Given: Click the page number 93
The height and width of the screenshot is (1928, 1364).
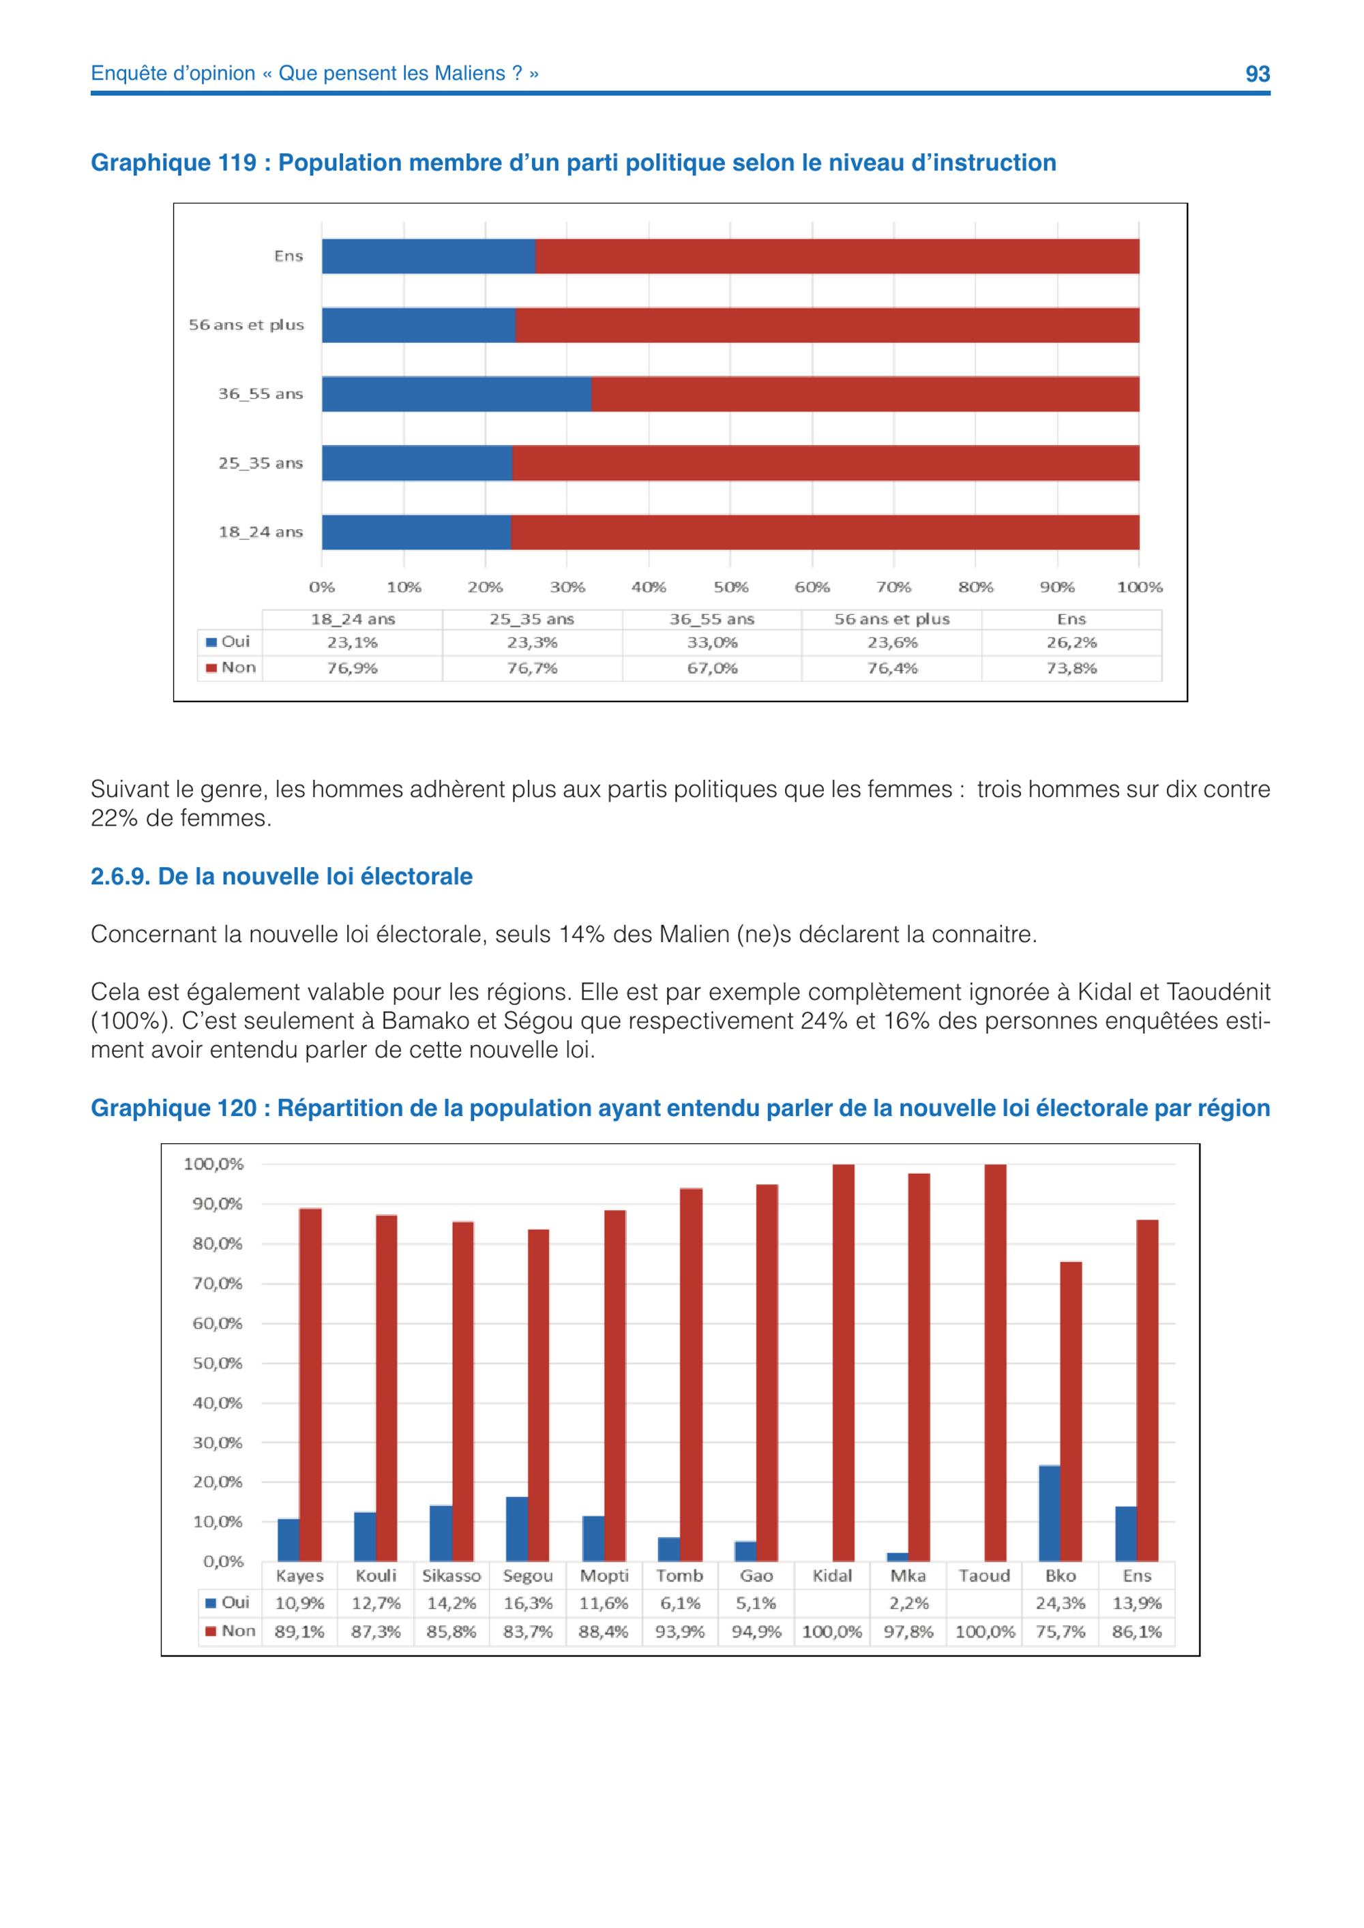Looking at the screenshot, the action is tap(1258, 74).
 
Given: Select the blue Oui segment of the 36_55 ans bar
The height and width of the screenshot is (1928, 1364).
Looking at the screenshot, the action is tap(457, 394).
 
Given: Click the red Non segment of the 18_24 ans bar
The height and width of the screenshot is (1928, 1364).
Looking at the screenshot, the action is tap(825, 532).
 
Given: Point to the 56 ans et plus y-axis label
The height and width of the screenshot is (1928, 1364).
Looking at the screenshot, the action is tap(246, 325).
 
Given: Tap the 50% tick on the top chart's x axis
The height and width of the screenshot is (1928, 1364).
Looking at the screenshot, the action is tap(730, 587).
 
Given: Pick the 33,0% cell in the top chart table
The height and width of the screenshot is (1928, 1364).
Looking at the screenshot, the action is tap(712, 642).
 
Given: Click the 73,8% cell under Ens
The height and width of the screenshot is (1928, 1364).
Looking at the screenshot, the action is tap(1071, 668).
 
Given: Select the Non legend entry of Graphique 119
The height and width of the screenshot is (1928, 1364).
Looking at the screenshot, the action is tap(231, 667).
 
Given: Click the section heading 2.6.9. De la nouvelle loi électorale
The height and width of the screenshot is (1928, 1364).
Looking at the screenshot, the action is tap(282, 877).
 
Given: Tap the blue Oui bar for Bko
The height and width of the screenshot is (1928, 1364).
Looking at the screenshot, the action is tap(1050, 1514).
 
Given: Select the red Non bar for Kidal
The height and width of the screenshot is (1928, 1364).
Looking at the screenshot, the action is tap(843, 1363).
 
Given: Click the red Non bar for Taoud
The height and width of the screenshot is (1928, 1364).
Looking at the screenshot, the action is tap(995, 1363).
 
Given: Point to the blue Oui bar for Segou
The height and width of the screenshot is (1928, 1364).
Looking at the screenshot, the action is tap(518, 1530).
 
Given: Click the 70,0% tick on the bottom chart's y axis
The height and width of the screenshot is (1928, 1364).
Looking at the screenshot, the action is tap(218, 1284).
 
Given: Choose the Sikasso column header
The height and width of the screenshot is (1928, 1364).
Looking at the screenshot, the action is tap(452, 1576).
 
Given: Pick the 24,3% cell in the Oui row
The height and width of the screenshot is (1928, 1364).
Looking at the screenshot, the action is tap(1061, 1603).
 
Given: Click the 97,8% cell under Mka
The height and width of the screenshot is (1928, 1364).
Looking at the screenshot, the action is tap(909, 1631).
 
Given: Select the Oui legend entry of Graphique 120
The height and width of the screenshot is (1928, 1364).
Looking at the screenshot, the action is tap(228, 1602).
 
